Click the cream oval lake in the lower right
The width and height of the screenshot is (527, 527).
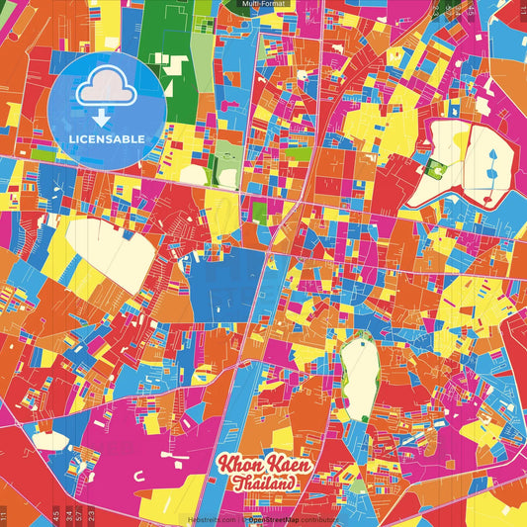coord(361,376)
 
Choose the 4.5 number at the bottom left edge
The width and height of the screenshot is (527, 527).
coord(58,515)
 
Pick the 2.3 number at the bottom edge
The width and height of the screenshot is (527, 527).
coord(92,515)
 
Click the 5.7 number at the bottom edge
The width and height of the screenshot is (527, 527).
coord(80,515)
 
